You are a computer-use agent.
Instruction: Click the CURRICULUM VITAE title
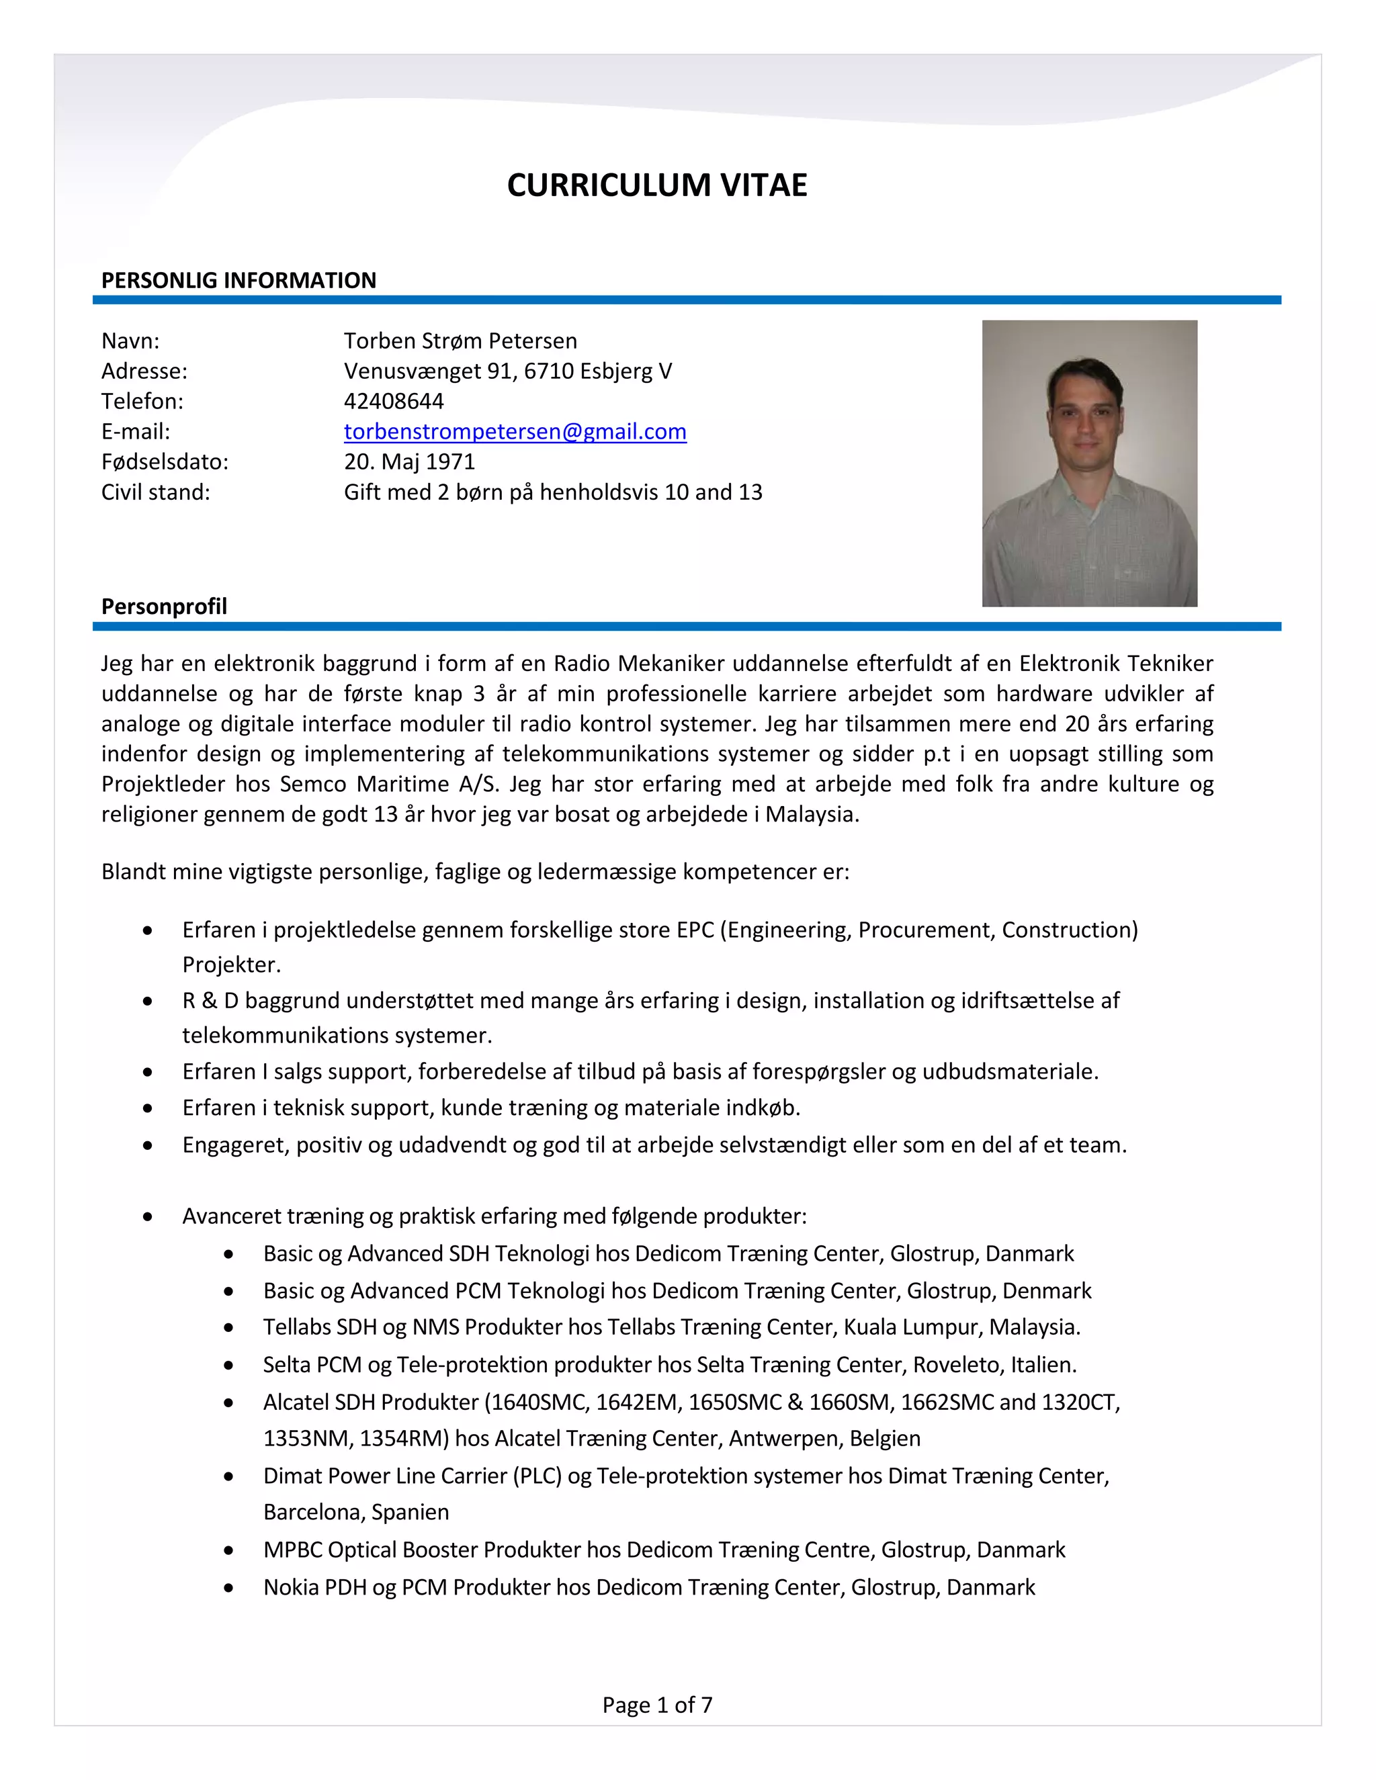(656, 185)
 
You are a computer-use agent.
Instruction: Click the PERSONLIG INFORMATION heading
(238, 280)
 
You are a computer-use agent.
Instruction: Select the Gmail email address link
(515, 431)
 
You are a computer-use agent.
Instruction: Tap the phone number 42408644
(394, 401)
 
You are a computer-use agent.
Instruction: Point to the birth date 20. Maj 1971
(409, 461)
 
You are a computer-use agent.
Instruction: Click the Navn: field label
(130, 341)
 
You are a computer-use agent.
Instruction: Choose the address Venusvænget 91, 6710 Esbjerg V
(507, 371)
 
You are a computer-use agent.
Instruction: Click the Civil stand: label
(156, 492)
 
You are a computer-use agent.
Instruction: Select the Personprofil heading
(164, 607)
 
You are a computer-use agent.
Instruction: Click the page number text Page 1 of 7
(657, 1704)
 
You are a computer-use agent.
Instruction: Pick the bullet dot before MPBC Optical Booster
(229, 1550)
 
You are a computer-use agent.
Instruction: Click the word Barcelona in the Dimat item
(314, 1512)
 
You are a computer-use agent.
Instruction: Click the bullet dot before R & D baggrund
(148, 1001)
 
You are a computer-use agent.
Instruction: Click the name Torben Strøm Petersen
(460, 341)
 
